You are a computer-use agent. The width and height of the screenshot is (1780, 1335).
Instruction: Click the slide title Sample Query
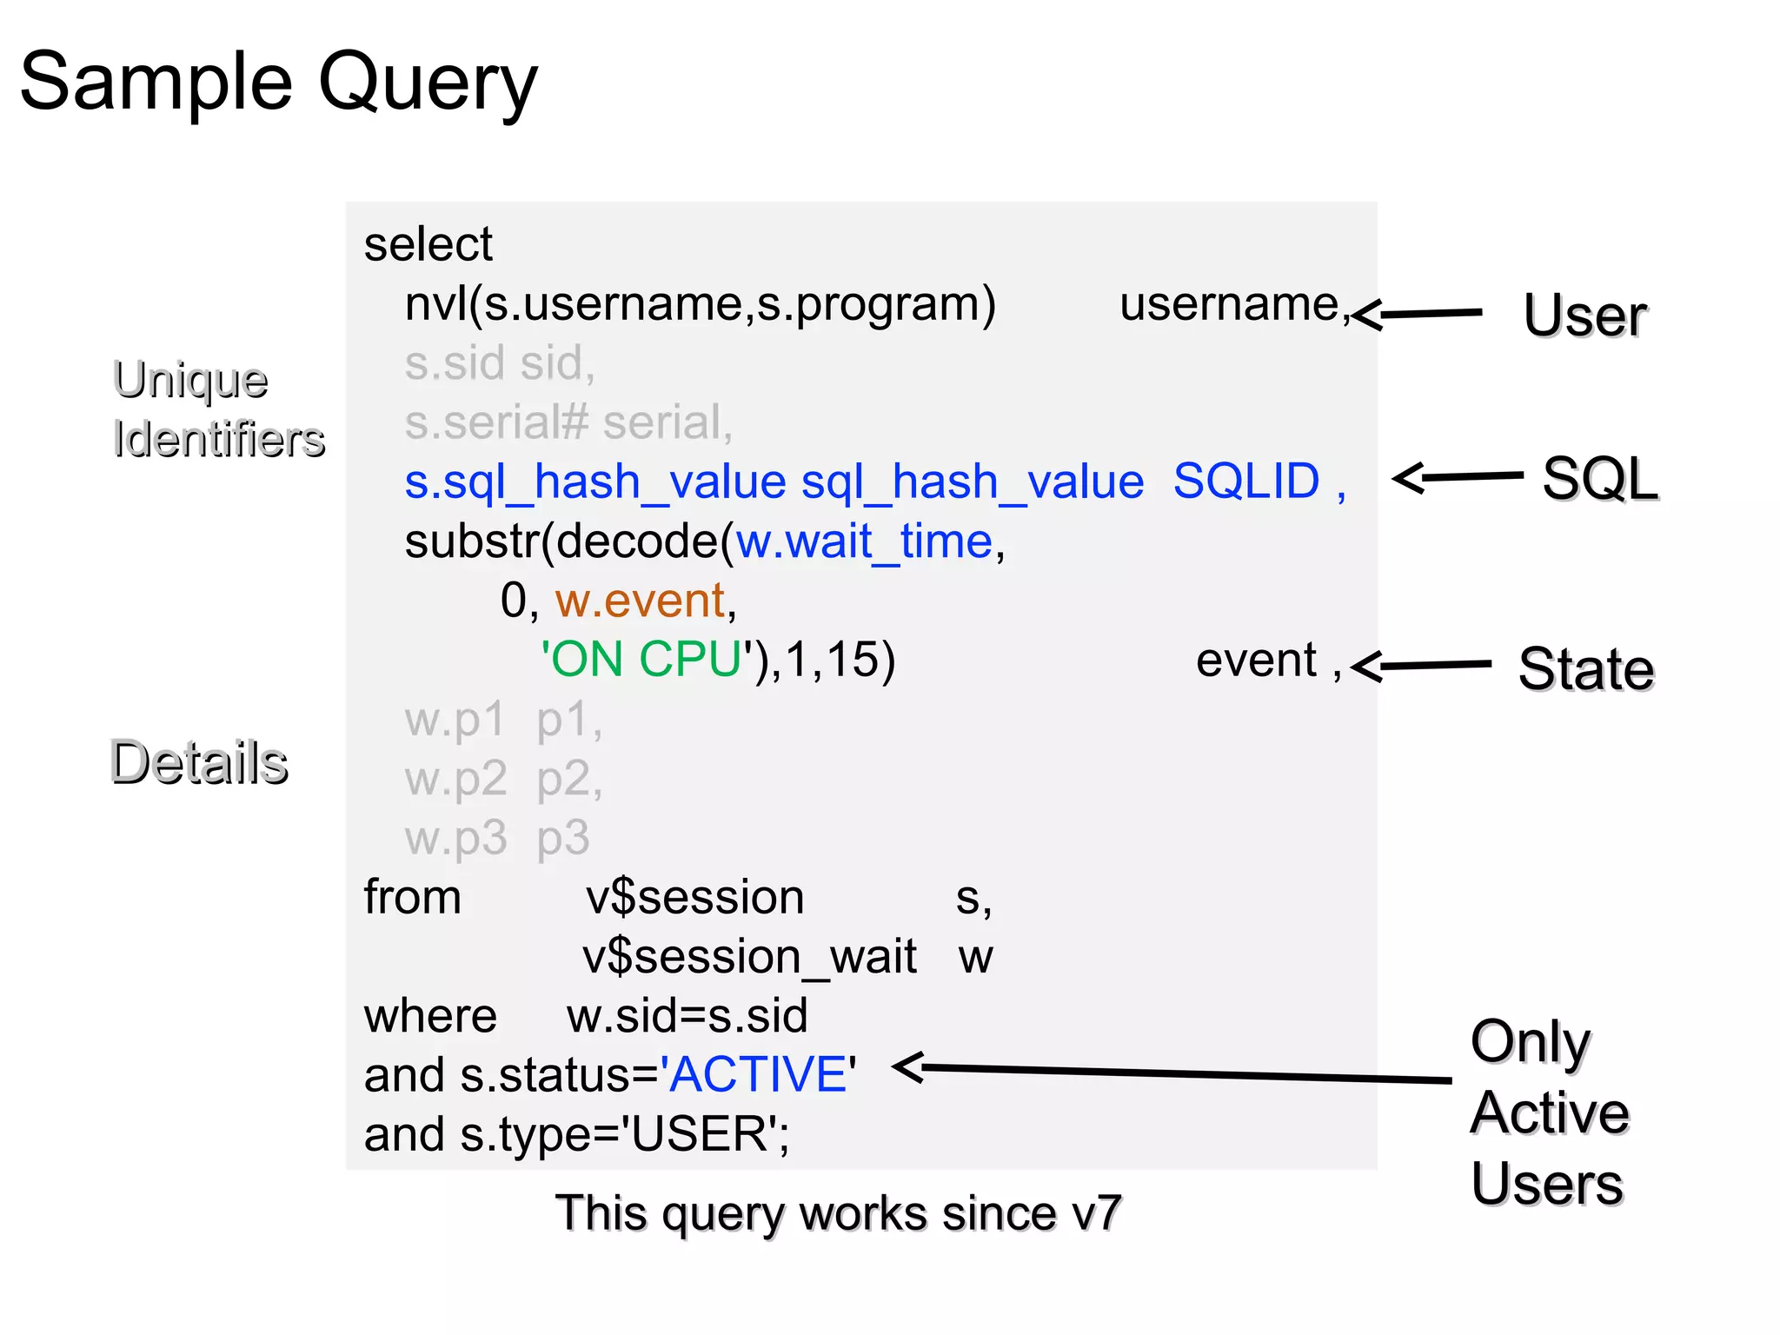tap(278, 83)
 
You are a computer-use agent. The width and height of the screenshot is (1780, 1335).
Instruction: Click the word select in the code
tap(428, 244)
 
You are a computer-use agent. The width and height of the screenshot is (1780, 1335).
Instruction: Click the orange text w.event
tap(641, 601)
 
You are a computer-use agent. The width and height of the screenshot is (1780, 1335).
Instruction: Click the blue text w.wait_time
tap(864, 541)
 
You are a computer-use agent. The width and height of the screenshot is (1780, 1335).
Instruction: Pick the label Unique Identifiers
tap(217, 408)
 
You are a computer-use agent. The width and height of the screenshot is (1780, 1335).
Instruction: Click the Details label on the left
tap(199, 762)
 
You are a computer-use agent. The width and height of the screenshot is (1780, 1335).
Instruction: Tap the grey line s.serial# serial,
tap(568, 422)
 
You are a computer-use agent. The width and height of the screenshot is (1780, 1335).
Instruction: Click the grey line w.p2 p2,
tap(503, 779)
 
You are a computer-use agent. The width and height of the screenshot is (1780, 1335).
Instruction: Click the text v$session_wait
tap(749, 957)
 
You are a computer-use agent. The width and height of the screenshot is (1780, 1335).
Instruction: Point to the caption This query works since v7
tap(838, 1213)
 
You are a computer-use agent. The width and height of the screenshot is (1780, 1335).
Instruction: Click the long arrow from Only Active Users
tap(1173, 1073)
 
